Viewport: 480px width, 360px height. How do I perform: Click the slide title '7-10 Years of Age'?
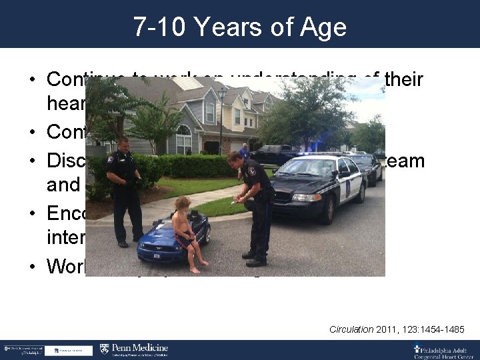(x=240, y=27)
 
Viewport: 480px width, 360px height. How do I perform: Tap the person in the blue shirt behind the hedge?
(x=245, y=152)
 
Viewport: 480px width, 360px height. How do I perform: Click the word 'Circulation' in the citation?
(x=351, y=329)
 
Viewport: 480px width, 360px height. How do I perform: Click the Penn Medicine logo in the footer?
(x=134, y=349)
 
